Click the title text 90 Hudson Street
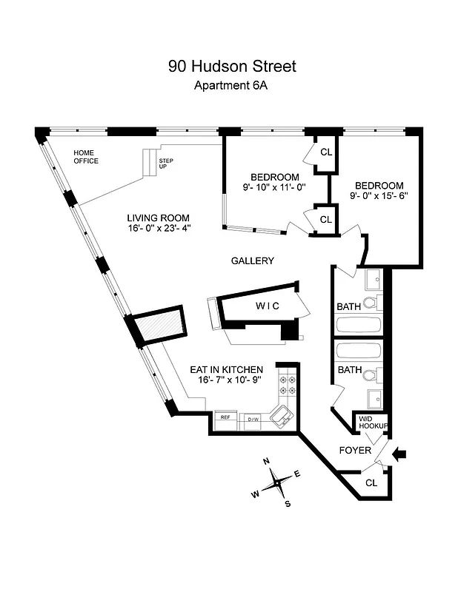pyautogui.click(x=232, y=66)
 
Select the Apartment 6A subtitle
pyautogui.click(x=230, y=85)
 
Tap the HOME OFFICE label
pyautogui.click(x=85, y=157)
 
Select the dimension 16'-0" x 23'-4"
pyautogui.click(x=158, y=229)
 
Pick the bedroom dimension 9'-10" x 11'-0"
pyautogui.click(x=274, y=188)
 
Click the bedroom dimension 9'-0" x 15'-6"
pyautogui.click(x=379, y=197)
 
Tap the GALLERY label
pyautogui.click(x=253, y=260)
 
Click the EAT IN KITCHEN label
pyautogui.click(x=227, y=369)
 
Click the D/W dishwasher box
pyautogui.click(x=253, y=418)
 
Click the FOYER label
pyautogui.click(x=355, y=449)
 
